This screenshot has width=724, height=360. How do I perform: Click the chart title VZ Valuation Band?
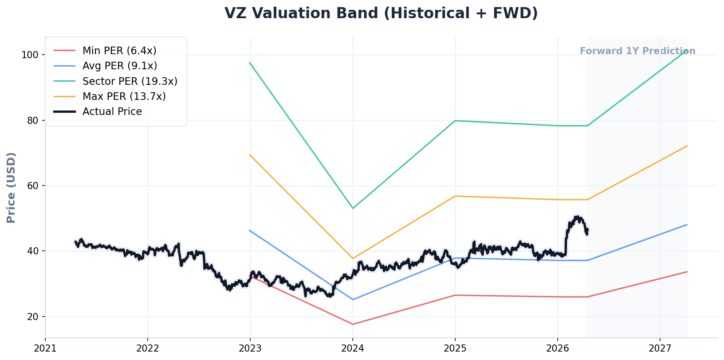tap(381, 13)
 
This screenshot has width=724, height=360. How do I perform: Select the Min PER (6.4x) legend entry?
tap(119, 51)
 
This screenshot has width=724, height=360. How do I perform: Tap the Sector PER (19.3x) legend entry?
tap(130, 81)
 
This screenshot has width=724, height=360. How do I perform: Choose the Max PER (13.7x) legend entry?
tap(124, 96)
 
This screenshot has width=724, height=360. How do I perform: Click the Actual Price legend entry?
tap(112, 111)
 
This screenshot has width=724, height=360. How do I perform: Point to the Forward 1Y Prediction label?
tap(637, 51)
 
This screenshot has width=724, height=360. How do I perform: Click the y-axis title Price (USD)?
tap(12, 187)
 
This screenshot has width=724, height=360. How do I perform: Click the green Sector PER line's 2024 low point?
tap(353, 208)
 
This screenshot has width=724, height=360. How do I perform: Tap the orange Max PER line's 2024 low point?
tap(353, 258)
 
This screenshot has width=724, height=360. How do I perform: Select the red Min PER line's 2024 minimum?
tap(353, 324)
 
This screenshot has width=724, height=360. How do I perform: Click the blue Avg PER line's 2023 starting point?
tap(250, 230)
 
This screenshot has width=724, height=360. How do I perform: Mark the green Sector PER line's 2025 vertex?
tap(455, 121)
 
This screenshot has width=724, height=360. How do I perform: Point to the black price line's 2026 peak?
tap(577, 217)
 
